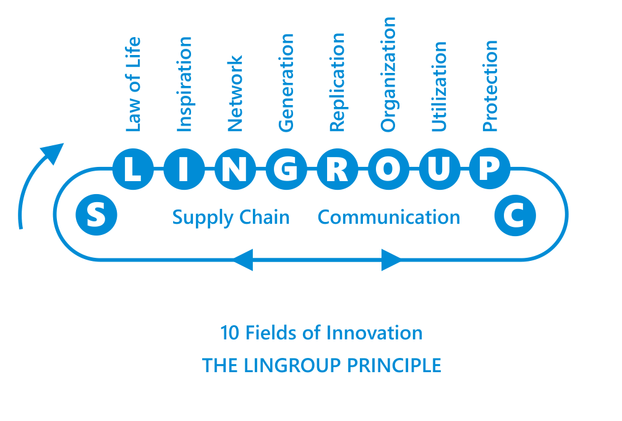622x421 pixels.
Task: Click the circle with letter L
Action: [133, 169]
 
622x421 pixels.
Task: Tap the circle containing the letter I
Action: [184, 169]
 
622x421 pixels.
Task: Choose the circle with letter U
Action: [439, 169]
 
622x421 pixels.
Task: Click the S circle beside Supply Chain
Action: [96, 216]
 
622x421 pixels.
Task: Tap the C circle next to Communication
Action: [515, 216]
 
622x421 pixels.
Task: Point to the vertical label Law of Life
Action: [133, 85]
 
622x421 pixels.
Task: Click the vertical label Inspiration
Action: [184, 84]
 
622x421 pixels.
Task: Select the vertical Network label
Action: [235, 94]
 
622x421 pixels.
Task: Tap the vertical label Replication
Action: [337, 82]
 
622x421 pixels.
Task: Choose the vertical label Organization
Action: [388, 74]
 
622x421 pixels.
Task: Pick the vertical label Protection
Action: [490, 86]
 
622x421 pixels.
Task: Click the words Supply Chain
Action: [231, 218]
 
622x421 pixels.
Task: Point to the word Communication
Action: [388, 218]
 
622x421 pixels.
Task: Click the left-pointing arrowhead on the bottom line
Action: [242, 260]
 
